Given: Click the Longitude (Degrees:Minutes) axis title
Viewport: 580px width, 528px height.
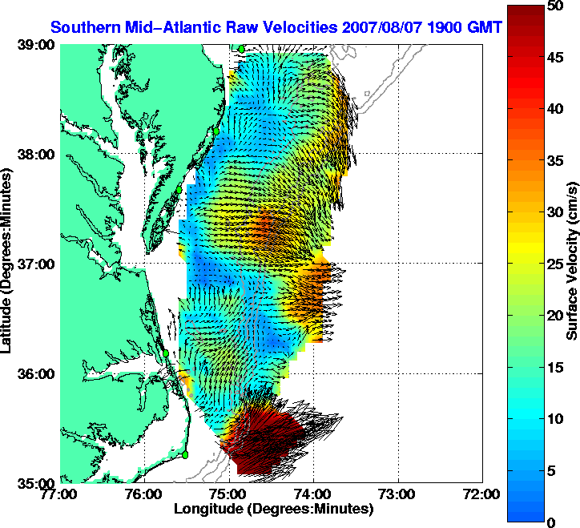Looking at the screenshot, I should click(x=272, y=509).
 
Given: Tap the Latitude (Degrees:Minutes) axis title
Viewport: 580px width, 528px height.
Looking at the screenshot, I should click(x=9, y=264).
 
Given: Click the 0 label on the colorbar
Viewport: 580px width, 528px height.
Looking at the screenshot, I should click(x=551, y=522).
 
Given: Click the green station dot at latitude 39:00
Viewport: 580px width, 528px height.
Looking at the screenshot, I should click(x=240, y=49).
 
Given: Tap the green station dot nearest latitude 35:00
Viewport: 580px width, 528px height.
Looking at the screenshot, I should click(x=185, y=454).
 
